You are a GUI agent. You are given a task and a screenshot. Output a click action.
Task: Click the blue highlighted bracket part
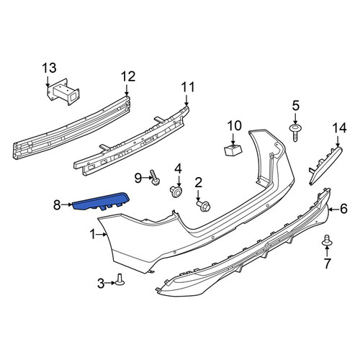coord(101,202)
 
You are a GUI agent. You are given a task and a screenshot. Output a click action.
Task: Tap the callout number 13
coord(50,68)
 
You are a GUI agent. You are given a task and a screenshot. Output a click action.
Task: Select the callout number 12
coord(128,76)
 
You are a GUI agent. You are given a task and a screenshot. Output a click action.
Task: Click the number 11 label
coord(187,87)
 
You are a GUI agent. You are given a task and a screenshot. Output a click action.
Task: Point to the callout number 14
coord(340,128)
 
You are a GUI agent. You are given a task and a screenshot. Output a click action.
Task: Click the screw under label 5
coord(295,132)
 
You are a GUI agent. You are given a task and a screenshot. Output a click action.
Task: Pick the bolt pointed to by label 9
coord(155,177)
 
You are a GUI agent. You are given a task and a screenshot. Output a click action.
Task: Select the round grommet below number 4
coord(176,192)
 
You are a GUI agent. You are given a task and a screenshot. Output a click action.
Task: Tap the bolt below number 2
coord(204,206)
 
